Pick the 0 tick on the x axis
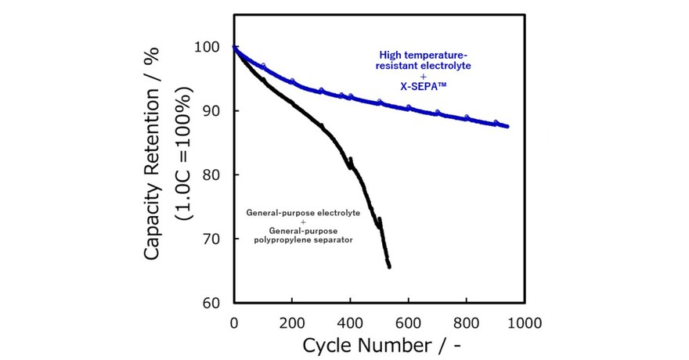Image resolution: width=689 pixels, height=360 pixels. [234, 321]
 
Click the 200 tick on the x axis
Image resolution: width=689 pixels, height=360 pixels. [292, 321]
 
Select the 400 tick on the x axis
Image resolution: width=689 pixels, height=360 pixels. [350, 321]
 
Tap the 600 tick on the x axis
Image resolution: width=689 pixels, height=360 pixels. [408, 321]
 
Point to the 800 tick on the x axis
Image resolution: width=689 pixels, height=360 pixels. [467, 321]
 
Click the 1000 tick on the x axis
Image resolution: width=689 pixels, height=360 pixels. [523, 321]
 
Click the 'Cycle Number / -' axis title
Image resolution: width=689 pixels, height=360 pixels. [379, 344]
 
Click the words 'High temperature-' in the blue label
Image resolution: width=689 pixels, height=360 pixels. [422, 55]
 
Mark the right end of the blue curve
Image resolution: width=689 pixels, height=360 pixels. [508, 126]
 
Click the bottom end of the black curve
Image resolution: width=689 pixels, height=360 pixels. [389, 267]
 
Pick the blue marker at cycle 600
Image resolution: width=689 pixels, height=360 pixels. [408, 107]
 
